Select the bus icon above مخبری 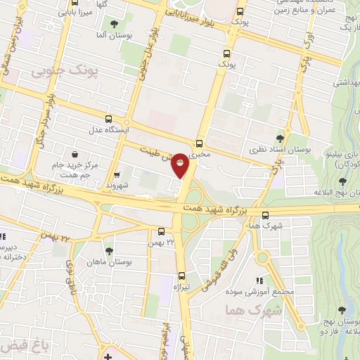click(x=200, y=141)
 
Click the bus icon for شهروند click(x=117, y=174)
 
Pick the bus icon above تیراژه click(x=181, y=276)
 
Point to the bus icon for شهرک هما click(x=265, y=215)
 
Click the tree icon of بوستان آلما click(x=113, y=25)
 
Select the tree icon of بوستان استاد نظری click(x=280, y=139)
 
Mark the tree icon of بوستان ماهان click(x=108, y=250)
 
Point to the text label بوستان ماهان click(x=108, y=262)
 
